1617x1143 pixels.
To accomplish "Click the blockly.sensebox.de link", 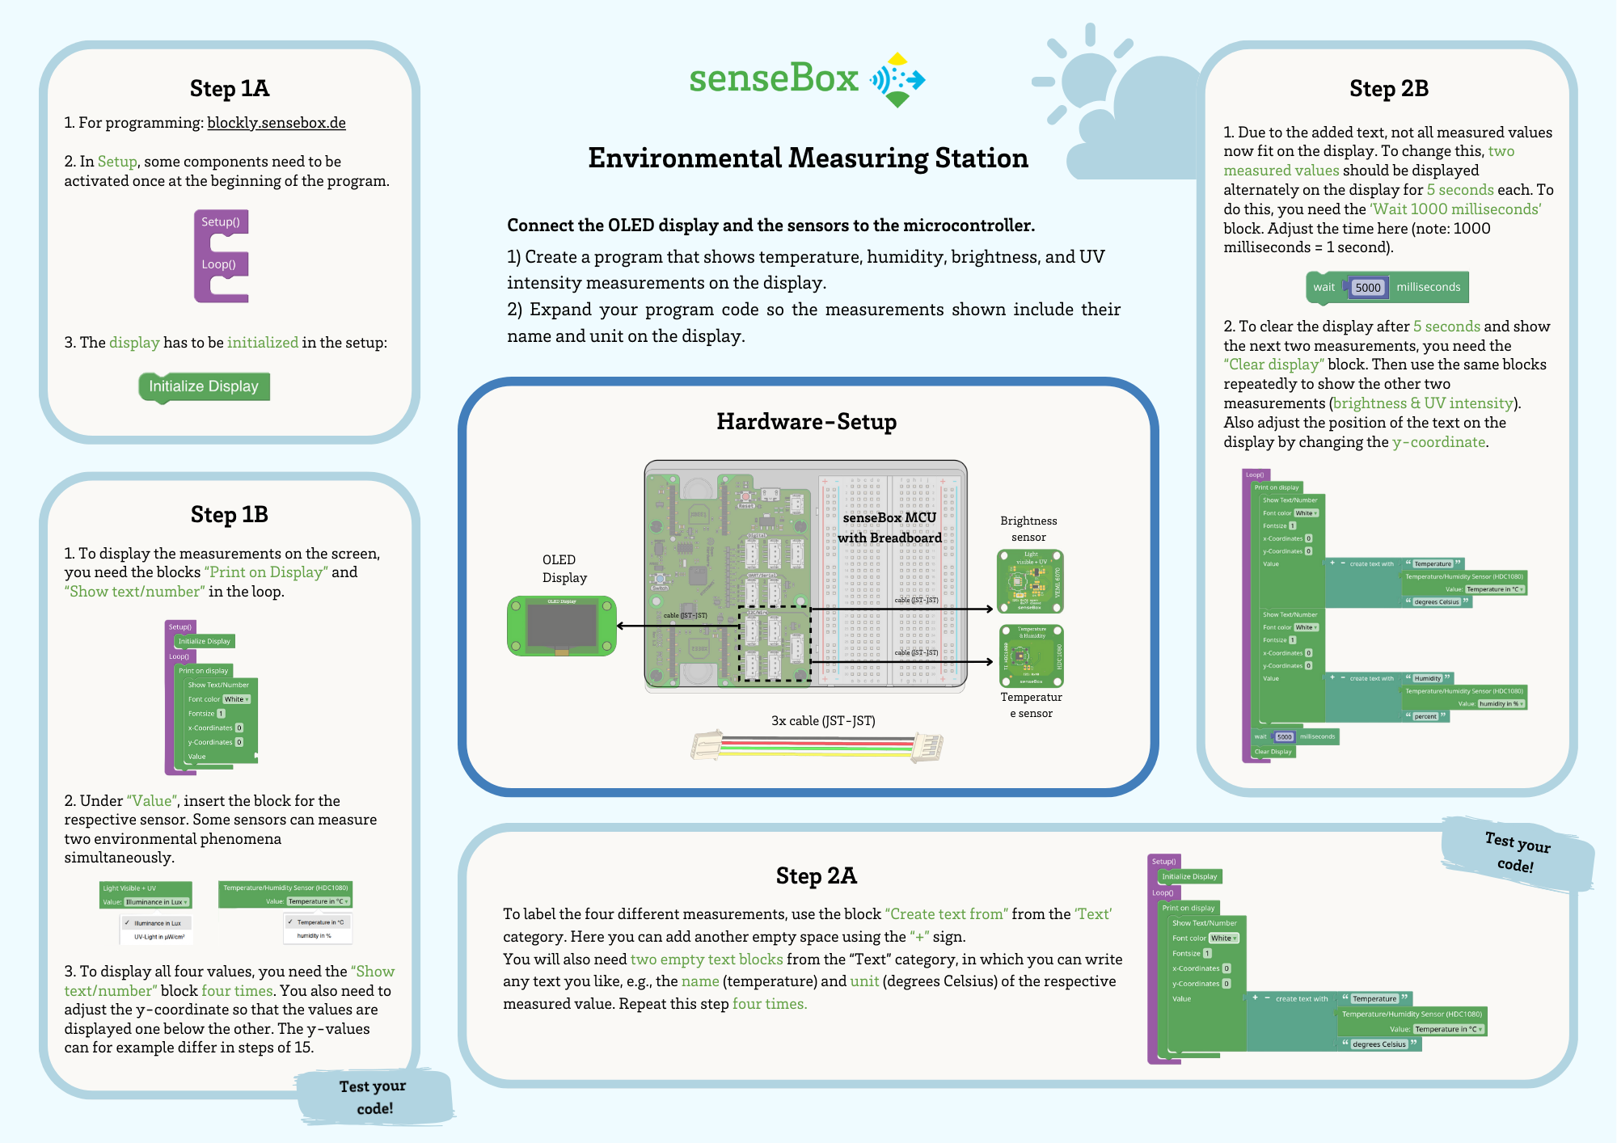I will pos(277,123).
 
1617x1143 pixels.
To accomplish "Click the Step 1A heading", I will pos(230,88).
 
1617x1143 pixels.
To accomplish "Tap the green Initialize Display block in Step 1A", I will pos(204,386).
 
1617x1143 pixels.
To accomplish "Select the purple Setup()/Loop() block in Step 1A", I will pos(220,256).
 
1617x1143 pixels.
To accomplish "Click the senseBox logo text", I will pos(773,78).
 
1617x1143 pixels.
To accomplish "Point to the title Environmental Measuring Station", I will pos(808,158).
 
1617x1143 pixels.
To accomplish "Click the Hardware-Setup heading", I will pos(806,422).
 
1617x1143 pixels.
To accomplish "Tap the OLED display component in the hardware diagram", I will pos(561,626).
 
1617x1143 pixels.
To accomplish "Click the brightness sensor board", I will pos(1029,581).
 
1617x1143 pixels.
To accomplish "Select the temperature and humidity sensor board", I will pos(1031,656).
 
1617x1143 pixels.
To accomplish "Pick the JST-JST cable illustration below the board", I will pos(817,746).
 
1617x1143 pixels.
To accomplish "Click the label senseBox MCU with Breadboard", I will pos(889,528).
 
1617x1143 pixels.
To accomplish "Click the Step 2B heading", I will pos(1388,88).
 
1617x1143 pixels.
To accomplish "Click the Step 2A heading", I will pos(816,875).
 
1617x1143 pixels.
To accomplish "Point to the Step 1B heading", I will pos(230,514).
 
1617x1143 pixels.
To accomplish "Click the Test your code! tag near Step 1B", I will pos(374,1097).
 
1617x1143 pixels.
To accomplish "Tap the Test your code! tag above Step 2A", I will pos(1517,854).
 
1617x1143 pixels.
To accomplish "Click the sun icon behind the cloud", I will pos(1083,77).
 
